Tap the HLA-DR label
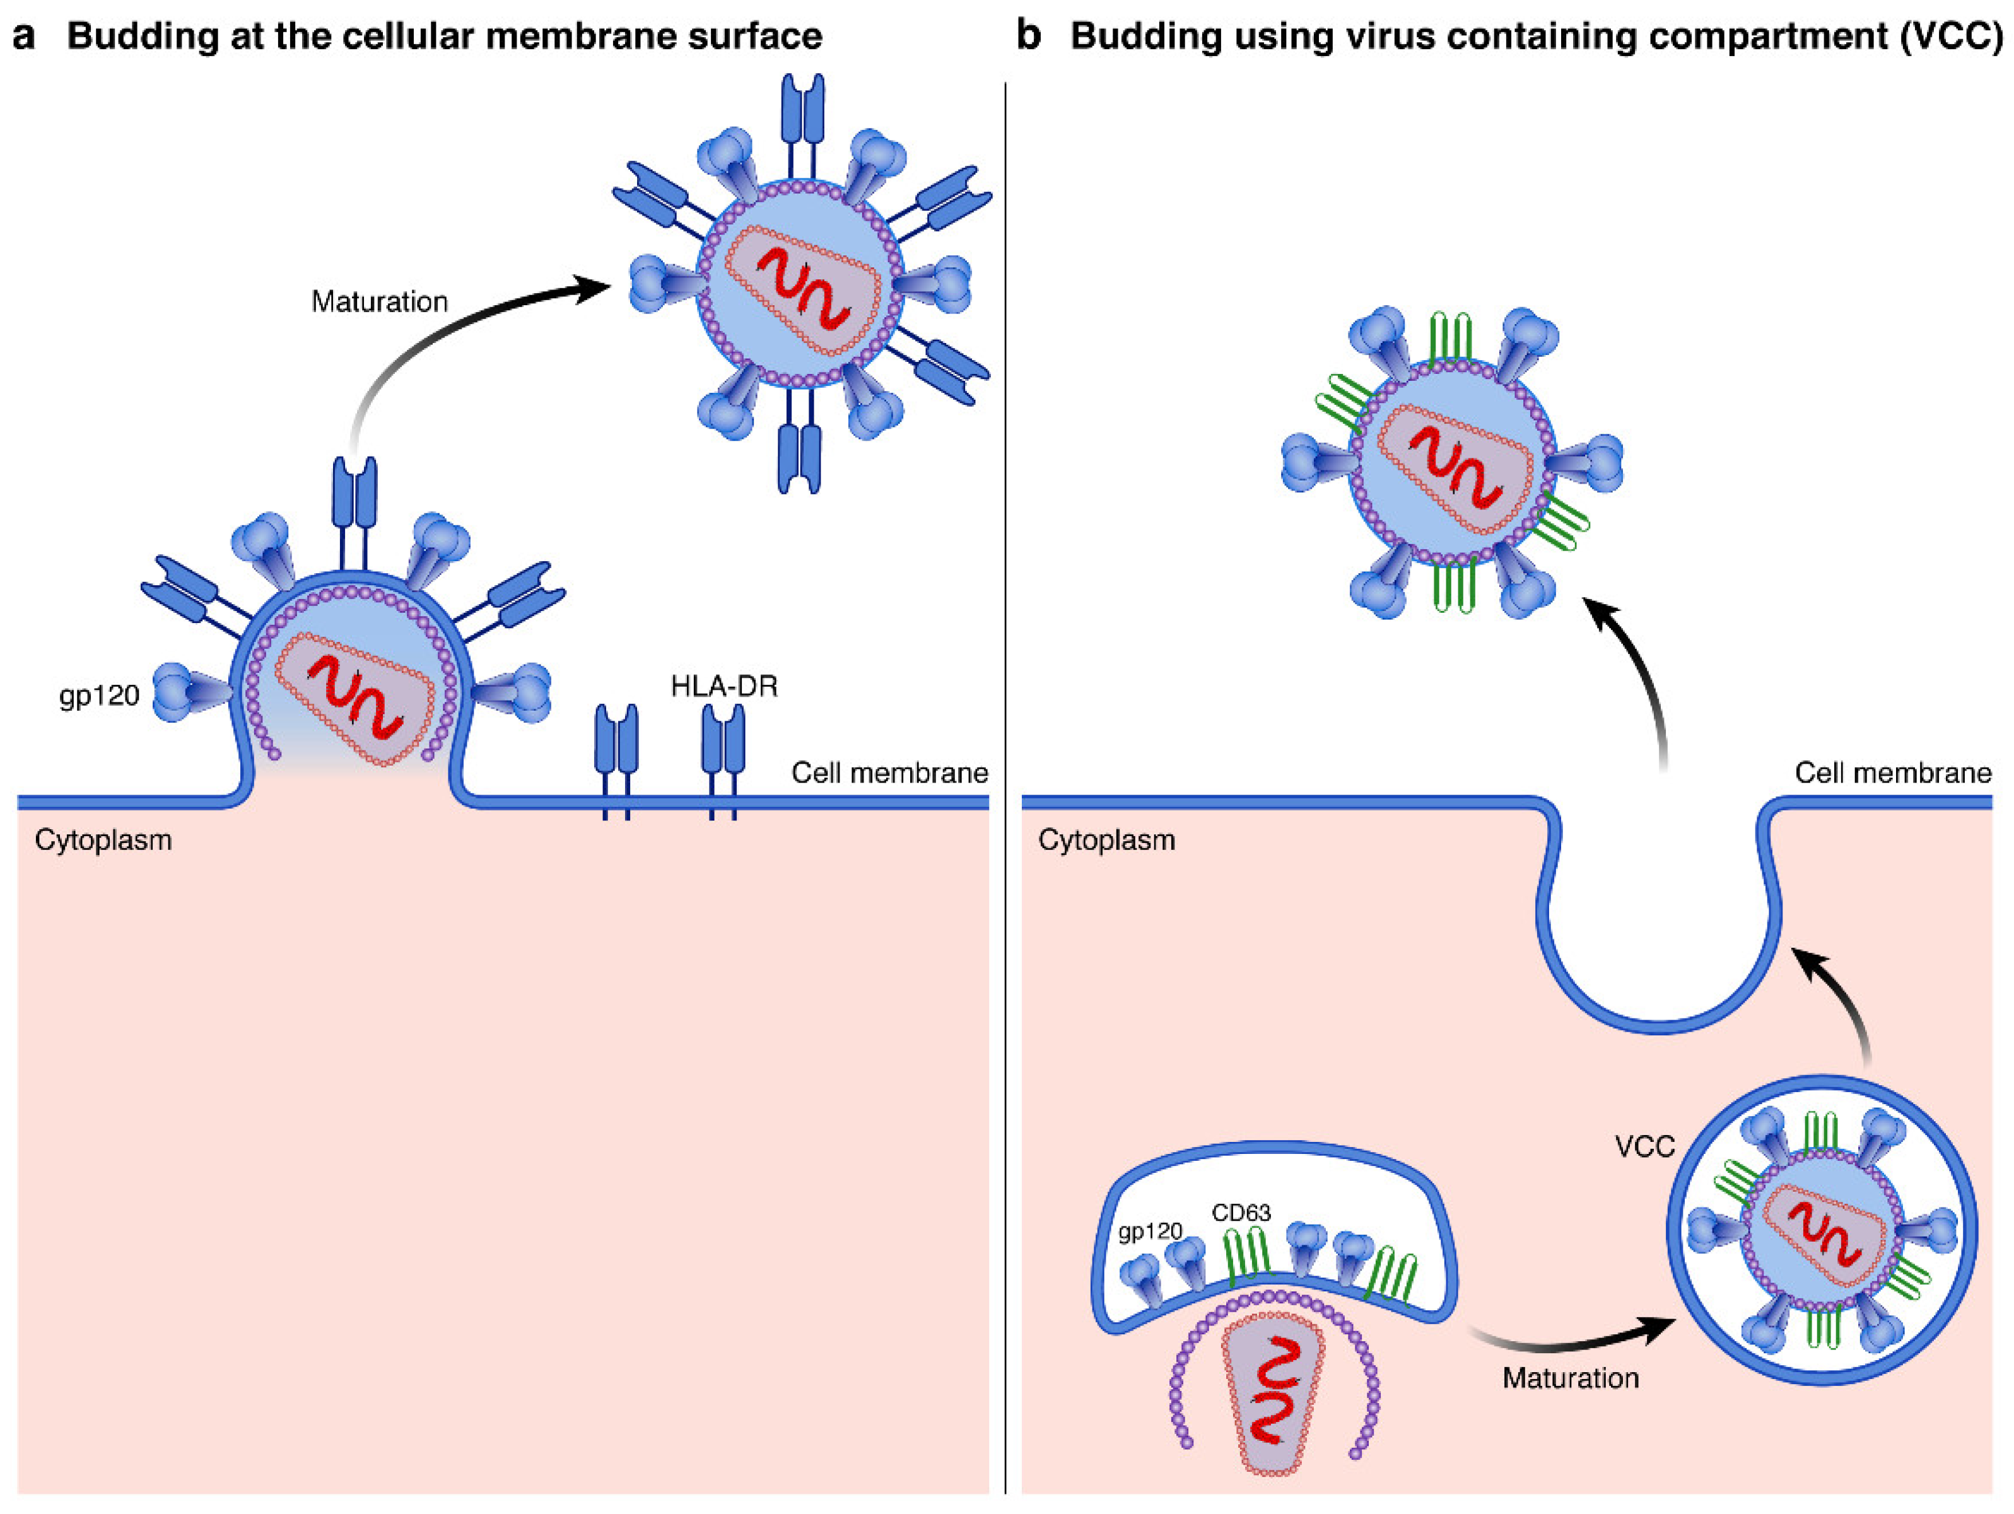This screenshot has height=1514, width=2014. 724,685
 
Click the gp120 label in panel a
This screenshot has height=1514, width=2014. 98,696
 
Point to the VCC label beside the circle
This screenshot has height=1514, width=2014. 1644,1146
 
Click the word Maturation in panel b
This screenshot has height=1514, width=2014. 1570,1378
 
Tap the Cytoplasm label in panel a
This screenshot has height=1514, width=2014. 103,839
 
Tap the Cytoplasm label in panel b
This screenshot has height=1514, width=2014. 1106,839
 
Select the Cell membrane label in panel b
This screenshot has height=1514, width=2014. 1892,773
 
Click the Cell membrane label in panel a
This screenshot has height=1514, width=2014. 889,773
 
